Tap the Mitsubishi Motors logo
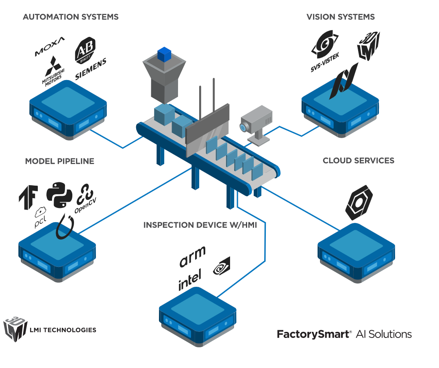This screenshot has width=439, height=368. click(x=52, y=72)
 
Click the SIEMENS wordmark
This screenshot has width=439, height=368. click(x=91, y=69)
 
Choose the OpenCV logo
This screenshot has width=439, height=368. click(x=85, y=199)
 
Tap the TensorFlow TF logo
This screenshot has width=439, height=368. click(x=28, y=197)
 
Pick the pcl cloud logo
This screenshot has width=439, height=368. click(x=41, y=218)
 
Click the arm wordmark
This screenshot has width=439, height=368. click(x=192, y=256)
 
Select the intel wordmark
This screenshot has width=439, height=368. click(x=190, y=281)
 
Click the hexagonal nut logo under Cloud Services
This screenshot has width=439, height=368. click(x=359, y=202)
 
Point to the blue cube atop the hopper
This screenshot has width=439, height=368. click(x=164, y=54)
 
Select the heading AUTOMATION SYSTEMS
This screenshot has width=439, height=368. click(x=71, y=17)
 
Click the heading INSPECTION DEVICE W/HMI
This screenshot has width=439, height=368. click(x=200, y=225)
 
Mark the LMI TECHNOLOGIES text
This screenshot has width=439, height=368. click(x=63, y=330)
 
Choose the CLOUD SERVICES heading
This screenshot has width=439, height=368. click(x=359, y=160)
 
